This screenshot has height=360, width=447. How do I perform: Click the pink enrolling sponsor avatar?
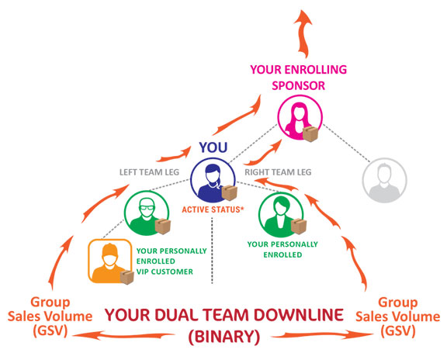[300, 117]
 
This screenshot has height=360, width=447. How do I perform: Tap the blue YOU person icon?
[213, 180]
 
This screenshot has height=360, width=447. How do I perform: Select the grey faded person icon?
[385, 180]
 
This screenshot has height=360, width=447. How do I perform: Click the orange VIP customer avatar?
[109, 261]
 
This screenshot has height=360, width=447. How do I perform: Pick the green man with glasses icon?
[147, 213]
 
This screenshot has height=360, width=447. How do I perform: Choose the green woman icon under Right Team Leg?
[281, 215]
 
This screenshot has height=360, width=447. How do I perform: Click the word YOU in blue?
[213, 147]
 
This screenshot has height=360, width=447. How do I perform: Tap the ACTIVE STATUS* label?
[213, 209]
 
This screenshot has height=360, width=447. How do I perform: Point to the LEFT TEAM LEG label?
[149, 172]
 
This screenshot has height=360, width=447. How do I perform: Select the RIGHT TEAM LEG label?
[278, 172]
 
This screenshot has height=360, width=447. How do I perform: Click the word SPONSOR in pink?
[298, 85]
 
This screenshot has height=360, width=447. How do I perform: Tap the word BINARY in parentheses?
[224, 337]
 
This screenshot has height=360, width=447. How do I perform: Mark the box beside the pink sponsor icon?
[310, 134]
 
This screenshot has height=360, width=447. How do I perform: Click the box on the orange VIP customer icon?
[126, 277]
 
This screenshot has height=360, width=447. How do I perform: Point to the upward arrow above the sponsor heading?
[303, 33]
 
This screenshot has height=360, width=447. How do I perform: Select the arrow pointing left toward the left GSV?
[123, 335]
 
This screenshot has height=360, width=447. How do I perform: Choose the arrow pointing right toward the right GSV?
[322, 335]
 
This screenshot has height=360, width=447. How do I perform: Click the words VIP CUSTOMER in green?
[165, 272]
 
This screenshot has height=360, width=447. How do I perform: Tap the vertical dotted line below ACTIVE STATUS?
[212, 251]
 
